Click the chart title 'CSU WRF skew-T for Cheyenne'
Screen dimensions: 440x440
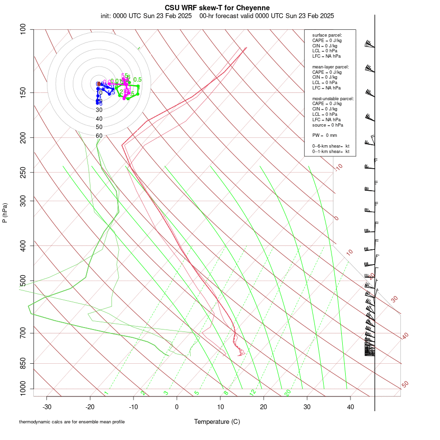click(x=217, y=8)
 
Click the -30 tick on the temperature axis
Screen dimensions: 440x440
click(x=47, y=407)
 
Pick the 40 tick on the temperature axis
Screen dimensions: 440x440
click(x=350, y=407)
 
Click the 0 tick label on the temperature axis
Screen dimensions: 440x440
click(x=177, y=407)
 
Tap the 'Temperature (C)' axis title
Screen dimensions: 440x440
click(x=217, y=421)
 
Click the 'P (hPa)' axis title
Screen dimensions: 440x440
click(x=5, y=213)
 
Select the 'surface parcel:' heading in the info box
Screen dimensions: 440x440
click(x=327, y=35)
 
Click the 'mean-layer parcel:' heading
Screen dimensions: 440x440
click(x=330, y=66)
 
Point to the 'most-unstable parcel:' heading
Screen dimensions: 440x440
click(x=333, y=99)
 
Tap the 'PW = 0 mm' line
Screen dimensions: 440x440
click(x=325, y=135)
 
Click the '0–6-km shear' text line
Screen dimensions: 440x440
click(x=331, y=146)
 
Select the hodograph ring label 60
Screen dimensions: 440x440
click(x=99, y=136)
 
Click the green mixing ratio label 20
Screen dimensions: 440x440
click(x=288, y=393)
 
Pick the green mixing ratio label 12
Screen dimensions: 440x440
click(x=253, y=393)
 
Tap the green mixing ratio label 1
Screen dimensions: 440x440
click(x=106, y=393)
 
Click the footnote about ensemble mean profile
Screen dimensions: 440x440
click(x=72, y=421)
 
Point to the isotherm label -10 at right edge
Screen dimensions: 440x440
click(x=338, y=168)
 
